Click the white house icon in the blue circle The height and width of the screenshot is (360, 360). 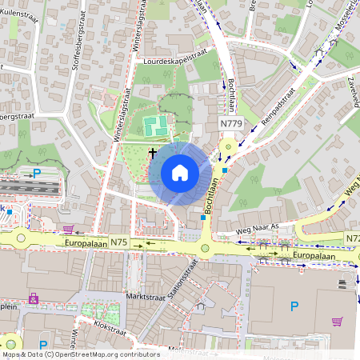(x=180, y=173)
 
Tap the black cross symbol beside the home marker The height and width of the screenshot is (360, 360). (x=153, y=151)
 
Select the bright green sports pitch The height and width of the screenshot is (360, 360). (x=154, y=126)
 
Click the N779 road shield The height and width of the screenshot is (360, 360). (x=231, y=124)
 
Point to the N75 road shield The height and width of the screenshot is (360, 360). (x=118, y=242)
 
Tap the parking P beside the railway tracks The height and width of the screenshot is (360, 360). (x=36, y=172)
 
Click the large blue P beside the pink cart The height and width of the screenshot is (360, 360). (x=294, y=306)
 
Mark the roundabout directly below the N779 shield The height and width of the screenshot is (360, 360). (x=229, y=146)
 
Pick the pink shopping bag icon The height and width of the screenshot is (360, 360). (x=34, y=298)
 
